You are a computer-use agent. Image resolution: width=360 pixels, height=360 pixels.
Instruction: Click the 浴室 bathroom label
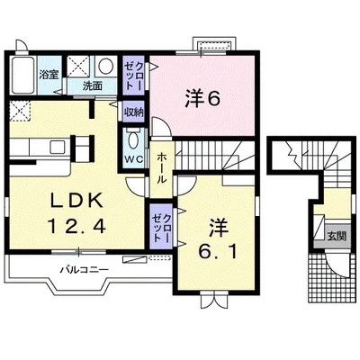(x=49, y=75)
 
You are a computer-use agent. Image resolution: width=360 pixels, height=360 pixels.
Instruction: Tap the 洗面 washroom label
(x=93, y=86)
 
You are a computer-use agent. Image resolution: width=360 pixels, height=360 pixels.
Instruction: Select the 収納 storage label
(x=134, y=112)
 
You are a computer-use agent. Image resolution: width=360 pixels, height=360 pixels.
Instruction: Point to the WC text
(x=134, y=159)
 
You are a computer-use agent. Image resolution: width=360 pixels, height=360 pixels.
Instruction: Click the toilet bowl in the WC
(x=133, y=139)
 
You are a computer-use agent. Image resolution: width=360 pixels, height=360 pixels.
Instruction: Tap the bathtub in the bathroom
(x=22, y=75)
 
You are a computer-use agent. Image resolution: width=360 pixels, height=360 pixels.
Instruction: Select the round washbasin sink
(x=105, y=66)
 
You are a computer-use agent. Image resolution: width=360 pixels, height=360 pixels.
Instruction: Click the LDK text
(x=76, y=201)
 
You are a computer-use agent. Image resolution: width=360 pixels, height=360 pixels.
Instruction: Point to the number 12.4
(x=76, y=226)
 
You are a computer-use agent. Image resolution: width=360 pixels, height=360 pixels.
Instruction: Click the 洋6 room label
(x=202, y=99)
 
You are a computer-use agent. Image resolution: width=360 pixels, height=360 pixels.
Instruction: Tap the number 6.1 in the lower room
(x=217, y=253)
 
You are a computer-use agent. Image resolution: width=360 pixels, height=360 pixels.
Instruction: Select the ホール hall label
(x=162, y=168)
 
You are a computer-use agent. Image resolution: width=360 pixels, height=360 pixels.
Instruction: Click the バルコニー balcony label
(x=84, y=269)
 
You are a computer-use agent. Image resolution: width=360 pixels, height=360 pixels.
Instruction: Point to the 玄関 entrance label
(x=337, y=236)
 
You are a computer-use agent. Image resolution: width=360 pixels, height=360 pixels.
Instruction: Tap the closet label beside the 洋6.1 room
(x=162, y=228)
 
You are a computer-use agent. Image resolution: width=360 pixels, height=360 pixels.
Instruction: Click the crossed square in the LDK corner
(x=20, y=111)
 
